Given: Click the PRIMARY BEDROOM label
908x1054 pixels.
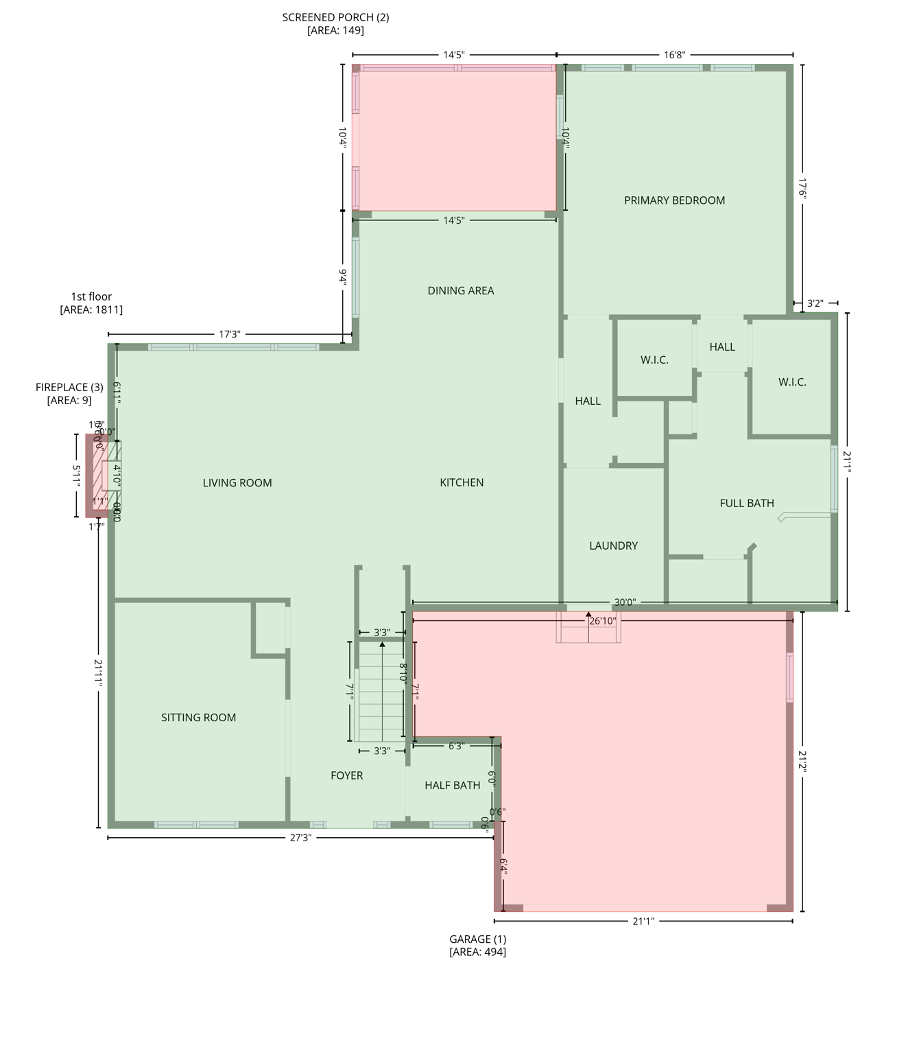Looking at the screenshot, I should (x=674, y=200).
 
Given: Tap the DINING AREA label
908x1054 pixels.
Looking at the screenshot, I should (x=460, y=291).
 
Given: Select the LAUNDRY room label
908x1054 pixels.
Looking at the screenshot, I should (x=613, y=546).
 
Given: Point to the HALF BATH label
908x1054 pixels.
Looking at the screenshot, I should (x=452, y=785).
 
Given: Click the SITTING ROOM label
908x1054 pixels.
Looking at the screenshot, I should (x=198, y=718).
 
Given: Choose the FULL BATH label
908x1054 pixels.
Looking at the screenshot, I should (x=746, y=503).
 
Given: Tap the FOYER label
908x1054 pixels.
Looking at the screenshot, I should (x=346, y=775).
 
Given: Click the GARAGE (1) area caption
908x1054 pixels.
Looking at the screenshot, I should (x=478, y=945).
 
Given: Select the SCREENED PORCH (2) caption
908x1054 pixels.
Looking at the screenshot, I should (x=335, y=23).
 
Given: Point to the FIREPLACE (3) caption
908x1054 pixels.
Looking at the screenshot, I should (x=69, y=393).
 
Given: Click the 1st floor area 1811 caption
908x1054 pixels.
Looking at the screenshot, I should (x=91, y=303).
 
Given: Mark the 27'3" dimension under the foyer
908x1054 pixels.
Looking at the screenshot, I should (x=300, y=838).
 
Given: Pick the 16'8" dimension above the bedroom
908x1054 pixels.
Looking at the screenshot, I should (x=674, y=55).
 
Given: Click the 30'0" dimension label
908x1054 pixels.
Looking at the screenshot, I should (x=624, y=602).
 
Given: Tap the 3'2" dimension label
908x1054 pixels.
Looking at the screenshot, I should (x=815, y=303).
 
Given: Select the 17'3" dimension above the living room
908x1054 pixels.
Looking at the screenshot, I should (x=230, y=334).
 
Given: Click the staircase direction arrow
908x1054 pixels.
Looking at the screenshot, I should (x=382, y=644).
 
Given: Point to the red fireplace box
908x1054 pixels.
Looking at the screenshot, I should (x=95, y=475).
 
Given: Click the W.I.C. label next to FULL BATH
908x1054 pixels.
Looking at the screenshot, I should (x=792, y=382).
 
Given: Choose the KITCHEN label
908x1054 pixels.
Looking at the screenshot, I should (x=462, y=482).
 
